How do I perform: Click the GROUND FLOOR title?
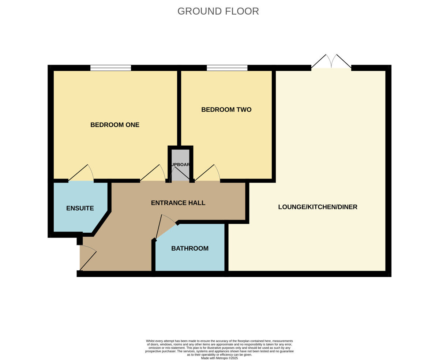pos(218,11)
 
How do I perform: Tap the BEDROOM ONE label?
pos(115,125)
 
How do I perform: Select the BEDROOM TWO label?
pos(226,109)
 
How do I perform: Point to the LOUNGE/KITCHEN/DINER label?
pos(318,207)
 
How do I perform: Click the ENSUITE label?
pos(80,208)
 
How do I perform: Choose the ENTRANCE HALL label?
pos(178,203)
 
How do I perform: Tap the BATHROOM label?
pos(190,248)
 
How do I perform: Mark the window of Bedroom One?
pos(110,68)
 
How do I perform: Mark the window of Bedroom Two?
pos(227,68)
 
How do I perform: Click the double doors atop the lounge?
pos(331,62)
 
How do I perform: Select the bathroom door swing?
pos(165,227)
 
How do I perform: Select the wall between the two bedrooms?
pos(179,108)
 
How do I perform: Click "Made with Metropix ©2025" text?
pos(219,358)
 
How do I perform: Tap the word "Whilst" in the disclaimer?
pos(150,341)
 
